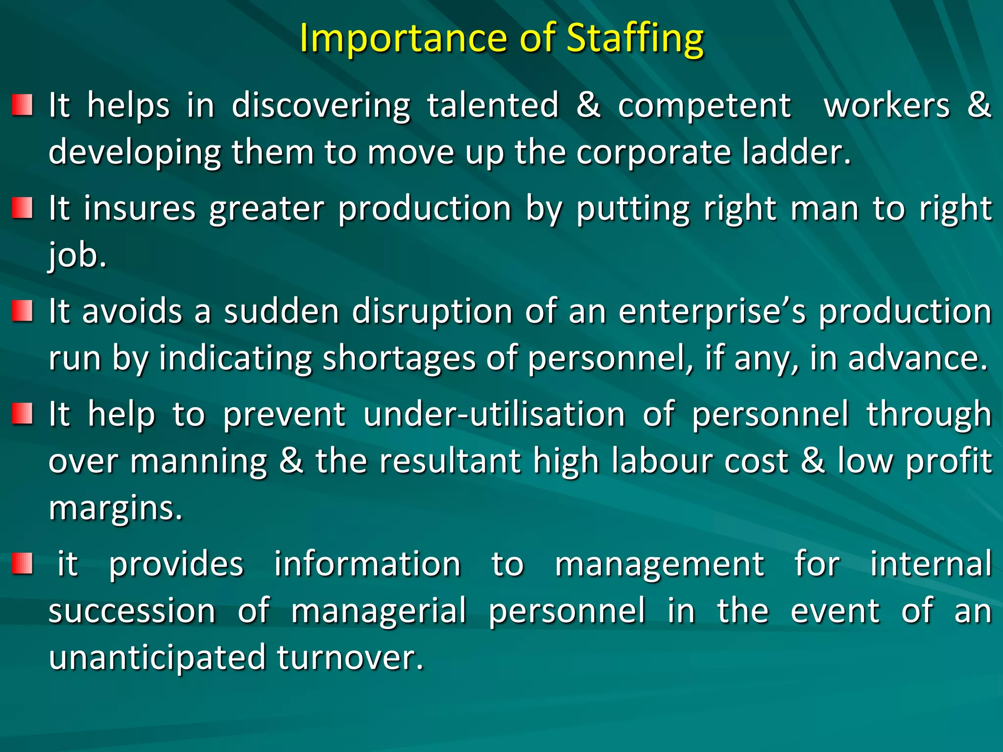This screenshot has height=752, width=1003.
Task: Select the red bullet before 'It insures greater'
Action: click(23, 208)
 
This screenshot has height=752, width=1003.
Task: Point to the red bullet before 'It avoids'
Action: click(23, 311)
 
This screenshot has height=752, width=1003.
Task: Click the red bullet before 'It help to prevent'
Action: click(23, 414)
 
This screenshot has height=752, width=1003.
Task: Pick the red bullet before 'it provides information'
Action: click(23, 564)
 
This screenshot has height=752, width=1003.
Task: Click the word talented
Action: click(493, 106)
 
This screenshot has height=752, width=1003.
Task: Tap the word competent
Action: click(704, 106)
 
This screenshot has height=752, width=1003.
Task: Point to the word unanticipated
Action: click(157, 658)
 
